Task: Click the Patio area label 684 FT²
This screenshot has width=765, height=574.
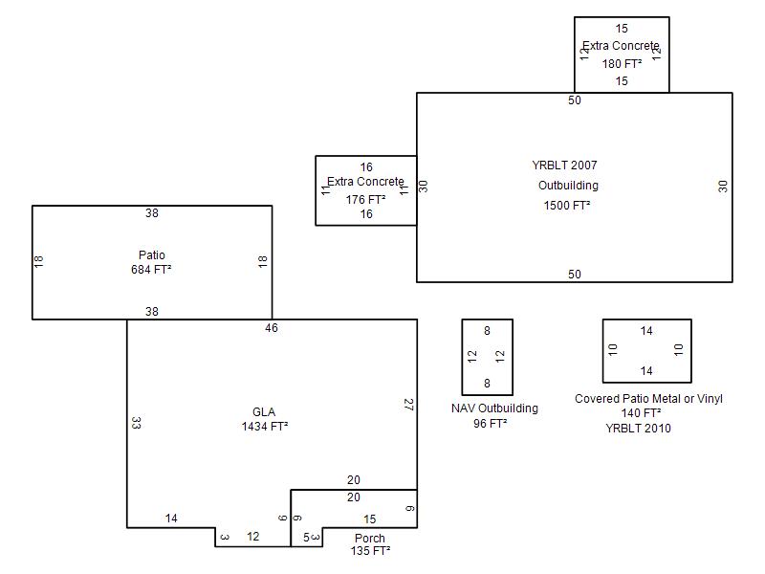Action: (x=151, y=270)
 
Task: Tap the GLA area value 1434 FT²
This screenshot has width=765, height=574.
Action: (x=265, y=427)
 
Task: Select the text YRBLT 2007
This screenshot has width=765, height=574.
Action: (x=564, y=166)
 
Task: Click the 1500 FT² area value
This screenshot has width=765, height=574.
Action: (x=567, y=206)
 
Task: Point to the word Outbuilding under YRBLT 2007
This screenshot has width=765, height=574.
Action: (x=568, y=186)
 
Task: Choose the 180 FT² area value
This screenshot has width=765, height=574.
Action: (x=622, y=64)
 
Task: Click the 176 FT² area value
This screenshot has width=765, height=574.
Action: (x=366, y=200)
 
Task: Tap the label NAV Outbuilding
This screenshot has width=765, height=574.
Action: (x=494, y=408)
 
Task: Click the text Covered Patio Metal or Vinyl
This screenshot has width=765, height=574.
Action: (x=648, y=399)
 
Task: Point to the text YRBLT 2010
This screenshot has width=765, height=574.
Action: (x=638, y=429)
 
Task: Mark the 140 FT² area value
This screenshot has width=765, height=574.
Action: (x=641, y=413)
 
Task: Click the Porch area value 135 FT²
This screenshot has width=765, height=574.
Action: (x=369, y=551)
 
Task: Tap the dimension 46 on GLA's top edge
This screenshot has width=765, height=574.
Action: (x=272, y=328)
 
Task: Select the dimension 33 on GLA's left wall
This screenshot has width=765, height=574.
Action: (x=136, y=422)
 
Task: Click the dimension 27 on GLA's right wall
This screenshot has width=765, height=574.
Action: (x=408, y=405)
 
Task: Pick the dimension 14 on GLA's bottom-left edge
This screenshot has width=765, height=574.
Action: (x=171, y=519)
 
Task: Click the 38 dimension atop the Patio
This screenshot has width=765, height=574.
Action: (x=151, y=213)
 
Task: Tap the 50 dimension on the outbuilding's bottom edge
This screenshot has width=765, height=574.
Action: (x=574, y=275)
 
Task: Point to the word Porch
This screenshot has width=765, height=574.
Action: (x=369, y=539)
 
